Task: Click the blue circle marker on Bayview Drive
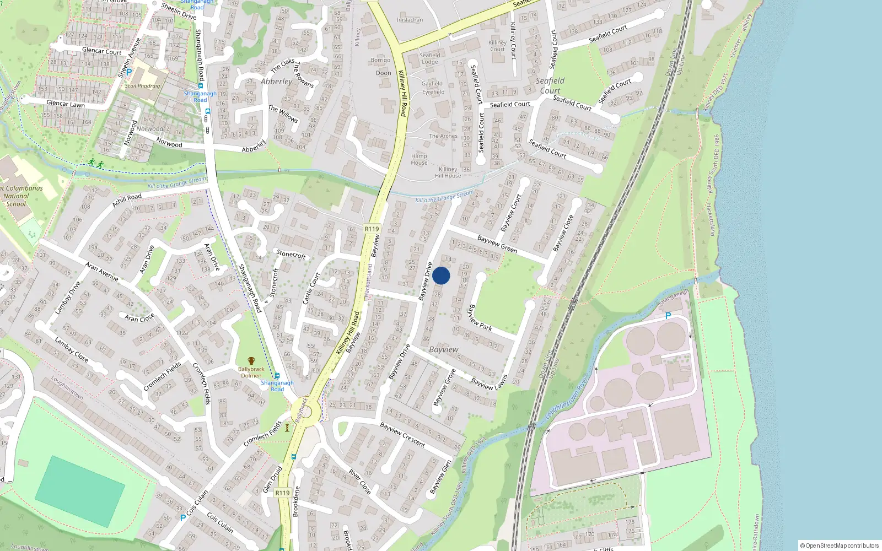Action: (441, 275)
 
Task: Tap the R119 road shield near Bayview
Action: (372, 229)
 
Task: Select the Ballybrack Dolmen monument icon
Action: (251, 361)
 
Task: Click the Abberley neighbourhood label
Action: (276, 82)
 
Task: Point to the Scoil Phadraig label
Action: (142, 86)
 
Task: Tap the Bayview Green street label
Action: (497, 245)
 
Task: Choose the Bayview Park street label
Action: (480, 318)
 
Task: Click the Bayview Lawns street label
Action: (489, 382)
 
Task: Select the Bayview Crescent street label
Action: (402, 435)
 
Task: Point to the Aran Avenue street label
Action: (102, 271)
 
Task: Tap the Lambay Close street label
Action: (71, 349)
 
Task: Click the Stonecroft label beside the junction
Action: (291, 254)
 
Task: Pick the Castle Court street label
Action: (311, 288)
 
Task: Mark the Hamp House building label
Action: (419, 159)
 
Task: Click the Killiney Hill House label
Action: (448, 172)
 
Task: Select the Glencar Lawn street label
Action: (66, 104)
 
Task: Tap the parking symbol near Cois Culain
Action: (183, 517)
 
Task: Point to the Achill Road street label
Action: (127, 200)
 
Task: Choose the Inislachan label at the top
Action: (410, 20)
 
